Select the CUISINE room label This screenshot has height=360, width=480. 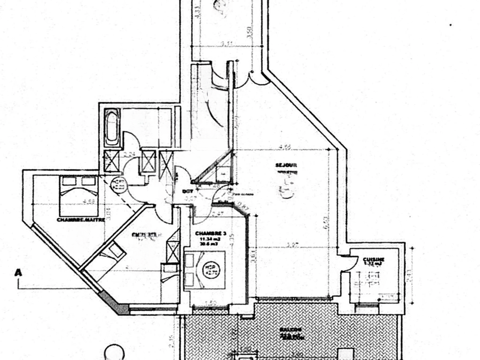[x=374, y=259]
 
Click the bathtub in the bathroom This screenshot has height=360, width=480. [x=112, y=127]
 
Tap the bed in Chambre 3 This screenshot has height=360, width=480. [x=205, y=270]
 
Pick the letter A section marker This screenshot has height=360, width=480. [x=19, y=272]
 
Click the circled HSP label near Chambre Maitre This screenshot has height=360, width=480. [x=119, y=184]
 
